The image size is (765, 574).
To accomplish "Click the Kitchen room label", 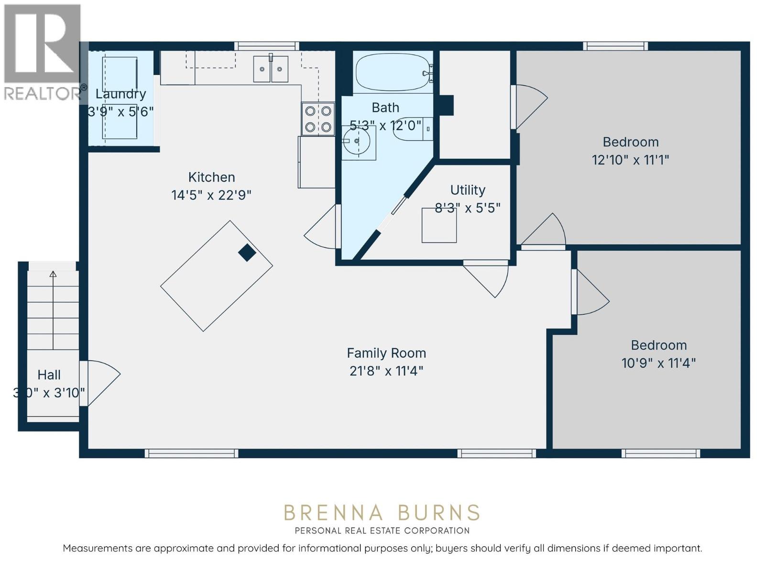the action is pyautogui.click(x=211, y=177).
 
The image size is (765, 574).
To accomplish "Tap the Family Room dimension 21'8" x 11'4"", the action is pyautogui.click(x=386, y=371).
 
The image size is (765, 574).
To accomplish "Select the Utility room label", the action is pyautogui.click(x=468, y=190).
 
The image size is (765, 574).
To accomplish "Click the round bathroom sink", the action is pyautogui.click(x=356, y=141).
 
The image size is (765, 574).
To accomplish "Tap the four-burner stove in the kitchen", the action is pyautogui.click(x=318, y=119).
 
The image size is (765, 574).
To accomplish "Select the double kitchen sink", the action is pyautogui.click(x=271, y=69).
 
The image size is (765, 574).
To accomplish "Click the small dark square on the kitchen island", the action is pyautogui.click(x=247, y=253).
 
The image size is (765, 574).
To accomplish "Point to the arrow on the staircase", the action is pyautogui.click(x=53, y=310).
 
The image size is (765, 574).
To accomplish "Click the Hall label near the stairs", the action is pyautogui.click(x=49, y=375).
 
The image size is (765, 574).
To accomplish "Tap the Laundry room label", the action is pyautogui.click(x=120, y=94).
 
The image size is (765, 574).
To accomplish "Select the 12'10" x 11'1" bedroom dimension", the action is pyautogui.click(x=631, y=160).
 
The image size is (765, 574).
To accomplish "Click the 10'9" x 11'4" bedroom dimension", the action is pyautogui.click(x=659, y=363).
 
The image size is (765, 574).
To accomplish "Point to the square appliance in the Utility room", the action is pyautogui.click(x=439, y=225).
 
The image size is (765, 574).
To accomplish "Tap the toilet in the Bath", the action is pyautogui.click(x=413, y=129).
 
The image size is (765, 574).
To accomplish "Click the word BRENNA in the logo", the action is pyautogui.click(x=334, y=513).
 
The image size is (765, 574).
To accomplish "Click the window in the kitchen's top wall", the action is pyautogui.click(x=267, y=46).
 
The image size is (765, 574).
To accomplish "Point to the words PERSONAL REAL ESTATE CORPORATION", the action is pyautogui.click(x=382, y=530).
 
